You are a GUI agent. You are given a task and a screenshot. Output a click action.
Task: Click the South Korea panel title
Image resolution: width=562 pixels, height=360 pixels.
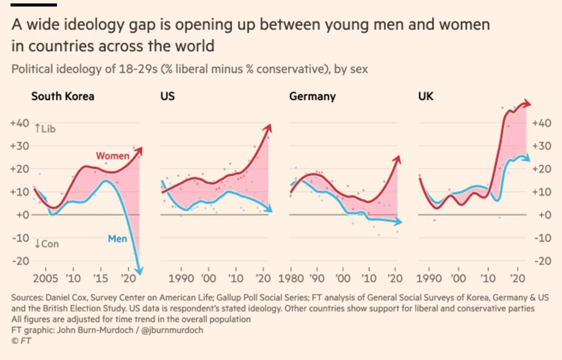[62, 96]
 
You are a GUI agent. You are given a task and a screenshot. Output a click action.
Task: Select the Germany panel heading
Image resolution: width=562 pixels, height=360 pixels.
[312, 96]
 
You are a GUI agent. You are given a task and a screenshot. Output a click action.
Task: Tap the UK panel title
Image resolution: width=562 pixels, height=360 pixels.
[426, 96]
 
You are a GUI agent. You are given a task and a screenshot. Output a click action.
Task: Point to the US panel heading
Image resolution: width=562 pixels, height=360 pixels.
[167, 96]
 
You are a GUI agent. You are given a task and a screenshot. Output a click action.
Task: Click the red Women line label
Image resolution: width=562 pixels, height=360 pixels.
[112, 156]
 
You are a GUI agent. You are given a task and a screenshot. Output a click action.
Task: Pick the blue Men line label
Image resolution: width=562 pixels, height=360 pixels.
[117, 239]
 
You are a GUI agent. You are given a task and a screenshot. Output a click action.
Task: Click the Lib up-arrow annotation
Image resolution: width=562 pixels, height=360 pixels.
[45, 128]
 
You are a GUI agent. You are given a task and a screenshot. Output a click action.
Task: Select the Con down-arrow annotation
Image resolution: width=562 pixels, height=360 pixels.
[45, 244]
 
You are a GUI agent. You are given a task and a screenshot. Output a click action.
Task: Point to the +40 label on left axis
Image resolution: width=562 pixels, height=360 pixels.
[20, 123]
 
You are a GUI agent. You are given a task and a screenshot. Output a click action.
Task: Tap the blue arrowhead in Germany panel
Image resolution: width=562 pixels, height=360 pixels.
[399, 222]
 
